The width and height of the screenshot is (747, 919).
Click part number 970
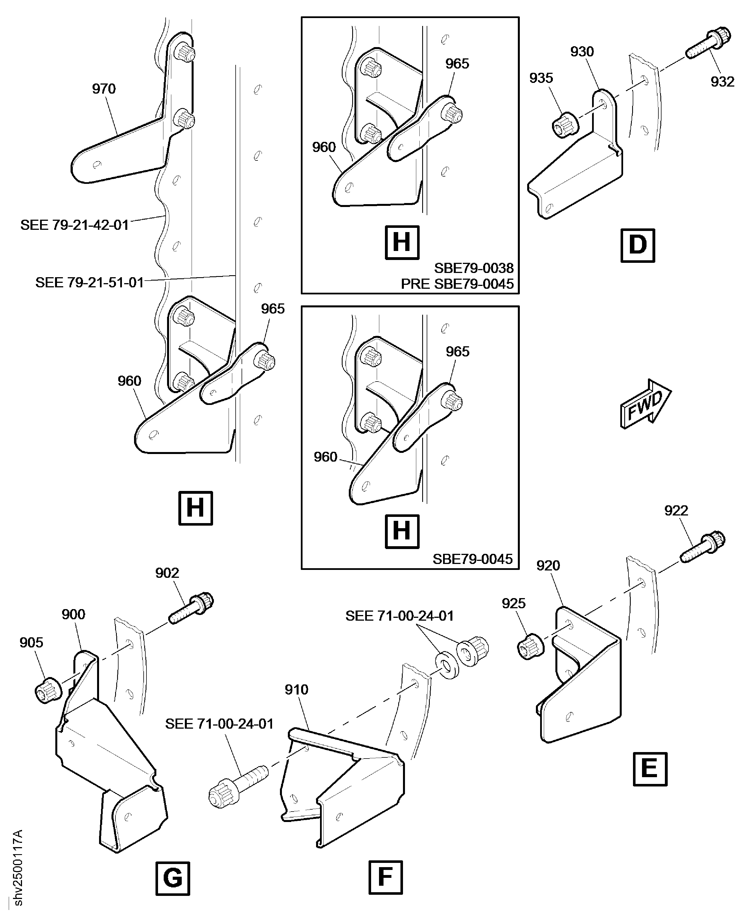104,89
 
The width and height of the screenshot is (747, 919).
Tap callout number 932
722,82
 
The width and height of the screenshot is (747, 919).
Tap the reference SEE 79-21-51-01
89,283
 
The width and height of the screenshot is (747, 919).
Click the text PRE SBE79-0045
457,284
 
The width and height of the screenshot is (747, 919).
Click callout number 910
297,690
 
